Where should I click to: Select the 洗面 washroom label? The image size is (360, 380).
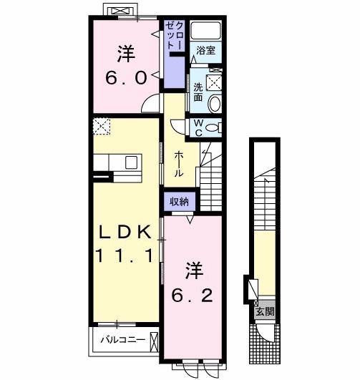tap(199, 92)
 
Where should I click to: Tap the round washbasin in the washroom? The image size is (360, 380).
tap(215, 104)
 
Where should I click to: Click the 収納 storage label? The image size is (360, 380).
tap(179, 202)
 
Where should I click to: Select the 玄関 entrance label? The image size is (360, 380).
tap(264, 312)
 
